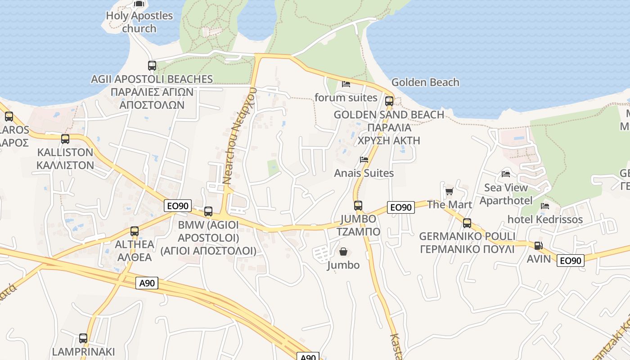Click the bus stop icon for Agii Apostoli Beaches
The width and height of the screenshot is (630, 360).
pyautogui.click(x=152, y=66)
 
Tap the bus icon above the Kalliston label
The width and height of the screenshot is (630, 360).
pyautogui.click(x=65, y=139)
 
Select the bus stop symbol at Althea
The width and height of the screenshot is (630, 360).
pyautogui.click(x=135, y=231)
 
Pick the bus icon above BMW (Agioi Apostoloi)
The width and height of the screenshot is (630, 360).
pyautogui.click(x=208, y=211)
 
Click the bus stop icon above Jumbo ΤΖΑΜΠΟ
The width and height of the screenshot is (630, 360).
pyautogui.click(x=358, y=206)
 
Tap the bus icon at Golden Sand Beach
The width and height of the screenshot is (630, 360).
pyautogui.click(x=389, y=101)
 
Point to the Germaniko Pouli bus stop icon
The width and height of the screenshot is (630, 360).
pyautogui.click(x=467, y=223)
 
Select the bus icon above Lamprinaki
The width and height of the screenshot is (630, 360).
pyautogui.click(x=83, y=338)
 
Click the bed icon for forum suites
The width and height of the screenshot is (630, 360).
pyautogui.click(x=346, y=84)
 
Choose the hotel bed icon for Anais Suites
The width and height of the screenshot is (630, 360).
pyautogui.click(x=364, y=160)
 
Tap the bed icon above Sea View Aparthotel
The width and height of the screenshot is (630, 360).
pyautogui.click(x=506, y=174)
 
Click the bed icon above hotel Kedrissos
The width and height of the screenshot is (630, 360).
pyautogui.click(x=545, y=206)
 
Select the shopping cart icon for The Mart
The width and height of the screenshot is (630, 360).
pyautogui.click(x=449, y=192)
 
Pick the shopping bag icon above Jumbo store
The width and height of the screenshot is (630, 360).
pyautogui.click(x=343, y=252)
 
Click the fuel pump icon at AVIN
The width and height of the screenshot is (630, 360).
pyautogui.click(x=538, y=246)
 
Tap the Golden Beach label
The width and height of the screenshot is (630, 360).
pyautogui.click(x=425, y=82)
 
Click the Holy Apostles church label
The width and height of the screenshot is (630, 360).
pyautogui.click(x=139, y=22)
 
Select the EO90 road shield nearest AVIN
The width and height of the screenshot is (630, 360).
pyautogui.click(x=571, y=260)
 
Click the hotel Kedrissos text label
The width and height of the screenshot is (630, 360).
pyautogui.click(x=545, y=220)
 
